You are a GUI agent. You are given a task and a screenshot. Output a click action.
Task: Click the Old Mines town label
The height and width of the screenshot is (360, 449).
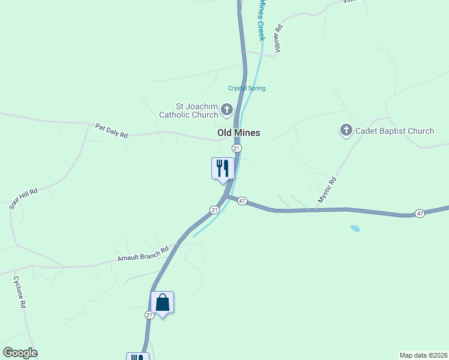click(238, 133)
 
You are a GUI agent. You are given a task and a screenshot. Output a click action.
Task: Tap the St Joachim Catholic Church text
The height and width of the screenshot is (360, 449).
click(188, 110)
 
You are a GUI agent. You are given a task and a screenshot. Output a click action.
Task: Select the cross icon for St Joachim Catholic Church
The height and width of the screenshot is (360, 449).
click(226, 109)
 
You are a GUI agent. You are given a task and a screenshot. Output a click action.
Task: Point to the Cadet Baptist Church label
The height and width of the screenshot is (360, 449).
click(394, 131)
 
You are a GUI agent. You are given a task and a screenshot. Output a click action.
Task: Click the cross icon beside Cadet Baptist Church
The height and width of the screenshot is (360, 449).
click(346, 130)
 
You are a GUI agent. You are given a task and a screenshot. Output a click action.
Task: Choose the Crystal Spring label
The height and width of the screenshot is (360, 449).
click(246, 88)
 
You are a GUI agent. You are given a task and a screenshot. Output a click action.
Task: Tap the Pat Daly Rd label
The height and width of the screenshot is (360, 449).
click(112, 131)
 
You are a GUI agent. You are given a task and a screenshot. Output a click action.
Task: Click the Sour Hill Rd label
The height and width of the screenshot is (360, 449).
click(23, 199)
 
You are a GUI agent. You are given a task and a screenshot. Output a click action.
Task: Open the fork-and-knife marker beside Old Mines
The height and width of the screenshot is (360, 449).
click(223, 167)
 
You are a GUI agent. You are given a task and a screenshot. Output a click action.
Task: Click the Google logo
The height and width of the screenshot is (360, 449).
click(20, 353)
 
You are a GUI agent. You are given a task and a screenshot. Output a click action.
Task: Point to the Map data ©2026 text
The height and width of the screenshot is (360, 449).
click(423, 355)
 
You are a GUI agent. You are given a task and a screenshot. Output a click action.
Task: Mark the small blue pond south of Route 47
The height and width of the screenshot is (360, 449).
click(355, 229)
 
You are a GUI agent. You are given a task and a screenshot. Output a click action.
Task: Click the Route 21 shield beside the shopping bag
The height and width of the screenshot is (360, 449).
click(149, 314)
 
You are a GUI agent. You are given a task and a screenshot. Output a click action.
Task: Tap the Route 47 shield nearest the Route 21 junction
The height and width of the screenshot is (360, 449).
click(242, 201)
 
